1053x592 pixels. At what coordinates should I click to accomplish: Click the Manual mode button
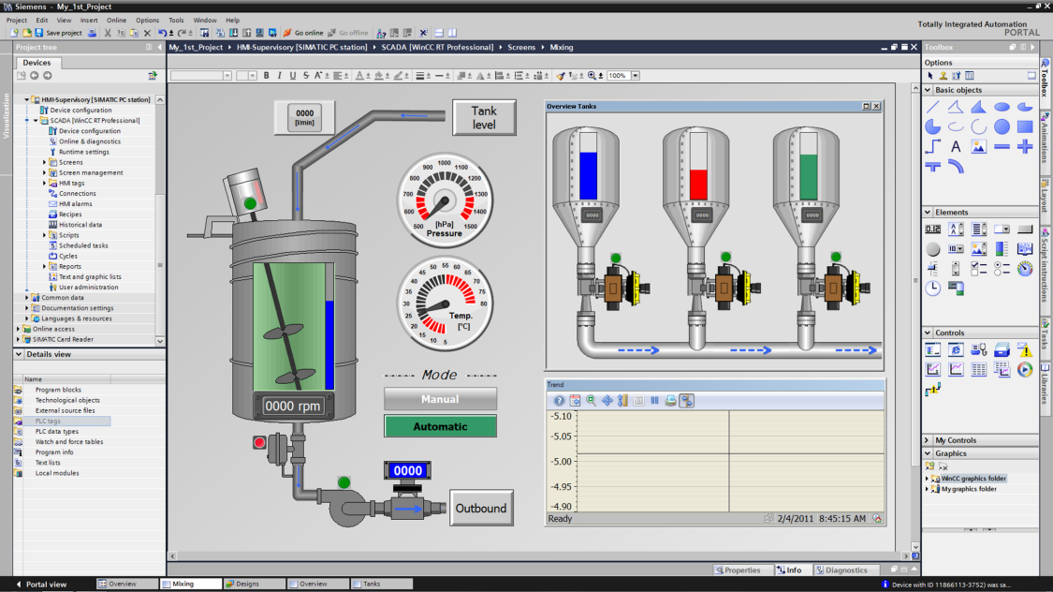pyautogui.click(x=440, y=399)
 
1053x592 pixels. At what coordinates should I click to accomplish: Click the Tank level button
pyautogui.click(x=483, y=117)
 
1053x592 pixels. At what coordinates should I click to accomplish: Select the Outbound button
pyautogui.click(x=480, y=509)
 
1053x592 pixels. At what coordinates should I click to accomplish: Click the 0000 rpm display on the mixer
pyautogui.click(x=293, y=407)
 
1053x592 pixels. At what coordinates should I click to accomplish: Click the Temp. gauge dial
pyautogui.click(x=445, y=301)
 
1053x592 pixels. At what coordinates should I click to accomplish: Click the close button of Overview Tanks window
pyautogui.click(x=876, y=107)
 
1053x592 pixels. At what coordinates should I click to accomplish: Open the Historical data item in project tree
pyautogui.click(x=80, y=225)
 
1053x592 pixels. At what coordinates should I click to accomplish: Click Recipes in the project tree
pyautogui.click(x=70, y=215)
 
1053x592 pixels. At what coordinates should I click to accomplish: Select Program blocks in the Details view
pyautogui.click(x=58, y=390)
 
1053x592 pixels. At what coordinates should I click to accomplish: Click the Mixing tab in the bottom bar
pyautogui.click(x=183, y=584)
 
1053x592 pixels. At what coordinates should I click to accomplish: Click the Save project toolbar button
pyautogui.click(x=59, y=33)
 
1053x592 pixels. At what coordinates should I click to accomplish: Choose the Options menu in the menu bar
pyautogui.click(x=147, y=20)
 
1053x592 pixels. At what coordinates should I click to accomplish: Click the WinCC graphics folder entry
pyautogui.click(x=973, y=479)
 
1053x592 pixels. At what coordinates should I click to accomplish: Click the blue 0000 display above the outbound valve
pyautogui.click(x=407, y=471)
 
